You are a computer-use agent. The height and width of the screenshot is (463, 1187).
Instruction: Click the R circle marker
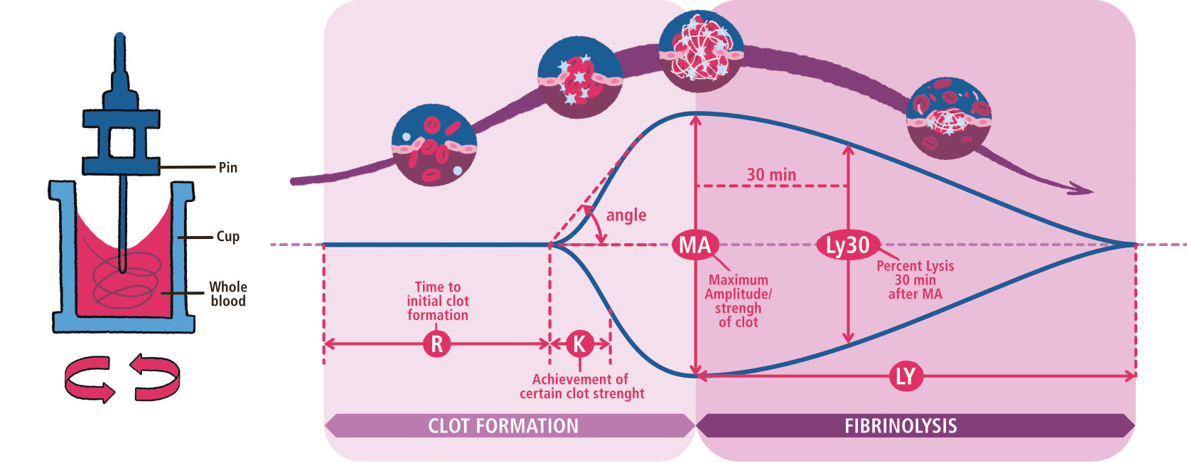click(436, 344)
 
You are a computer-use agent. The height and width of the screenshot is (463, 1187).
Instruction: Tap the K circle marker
click(579, 344)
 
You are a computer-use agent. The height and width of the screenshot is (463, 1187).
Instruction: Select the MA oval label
click(694, 245)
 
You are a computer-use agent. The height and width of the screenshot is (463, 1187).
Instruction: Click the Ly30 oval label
click(847, 245)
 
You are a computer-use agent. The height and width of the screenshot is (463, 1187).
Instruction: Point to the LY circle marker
click(905, 376)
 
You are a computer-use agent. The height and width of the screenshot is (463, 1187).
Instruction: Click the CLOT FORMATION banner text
click(503, 426)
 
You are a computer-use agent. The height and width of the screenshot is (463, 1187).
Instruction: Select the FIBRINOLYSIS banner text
click(901, 426)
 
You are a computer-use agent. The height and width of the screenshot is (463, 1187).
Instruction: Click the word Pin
click(227, 168)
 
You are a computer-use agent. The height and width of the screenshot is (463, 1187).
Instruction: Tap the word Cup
click(227, 236)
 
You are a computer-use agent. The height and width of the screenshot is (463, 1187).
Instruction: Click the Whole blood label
click(227, 294)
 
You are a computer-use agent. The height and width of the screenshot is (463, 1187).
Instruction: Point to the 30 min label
click(771, 174)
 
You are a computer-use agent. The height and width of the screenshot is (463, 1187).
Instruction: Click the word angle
click(626, 215)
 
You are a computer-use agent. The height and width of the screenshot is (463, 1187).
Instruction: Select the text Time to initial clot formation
click(438, 301)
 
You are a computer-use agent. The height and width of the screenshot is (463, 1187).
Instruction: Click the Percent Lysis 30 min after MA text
click(915, 280)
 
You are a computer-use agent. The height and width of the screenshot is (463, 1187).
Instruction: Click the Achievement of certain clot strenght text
click(581, 386)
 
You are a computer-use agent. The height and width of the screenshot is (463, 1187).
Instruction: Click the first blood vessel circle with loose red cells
click(434, 146)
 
